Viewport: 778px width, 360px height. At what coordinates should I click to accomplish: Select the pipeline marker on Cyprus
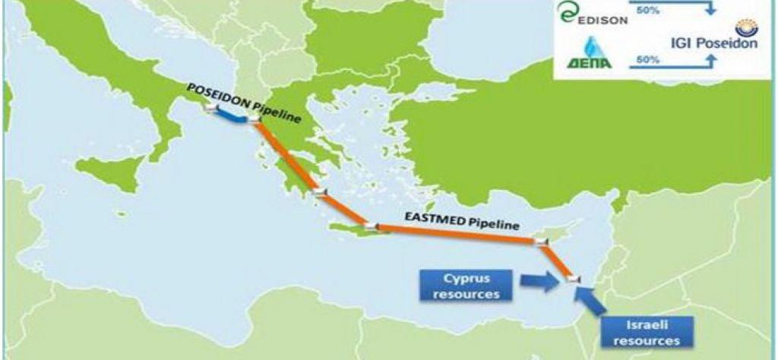tap(541, 242)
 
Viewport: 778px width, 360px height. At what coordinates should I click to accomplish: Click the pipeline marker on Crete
tap(370, 226)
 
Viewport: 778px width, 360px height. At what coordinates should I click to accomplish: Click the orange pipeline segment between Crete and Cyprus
tap(456, 234)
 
